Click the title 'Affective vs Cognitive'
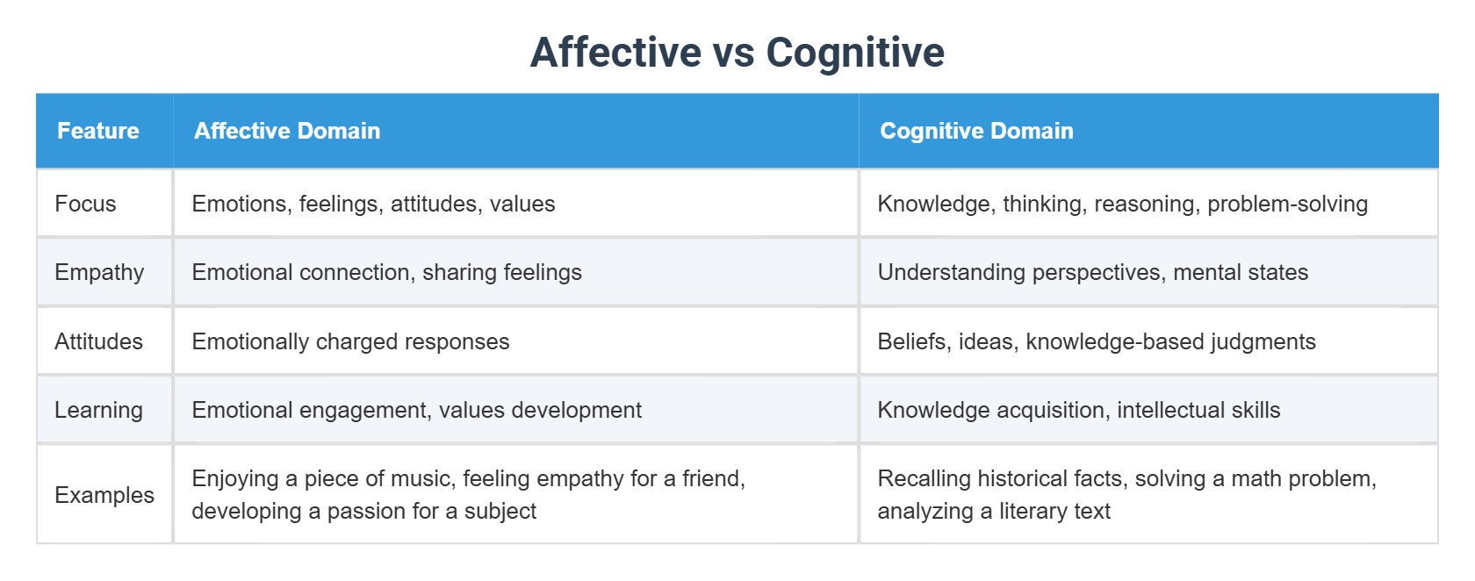pyautogui.click(x=737, y=52)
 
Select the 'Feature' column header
pyautogui.click(x=98, y=131)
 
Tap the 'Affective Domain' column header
pyautogui.click(x=287, y=131)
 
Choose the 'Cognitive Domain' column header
pyautogui.click(x=976, y=131)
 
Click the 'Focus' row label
pyautogui.click(x=85, y=204)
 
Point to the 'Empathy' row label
pyautogui.click(x=99, y=272)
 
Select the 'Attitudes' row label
pyautogui.click(x=98, y=341)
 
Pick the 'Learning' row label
pyautogui.click(x=98, y=410)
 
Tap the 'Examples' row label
pyautogui.click(x=104, y=495)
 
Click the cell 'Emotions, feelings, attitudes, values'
pyautogui.click(x=373, y=204)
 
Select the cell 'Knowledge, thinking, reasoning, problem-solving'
pyautogui.click(x=1122, y=204)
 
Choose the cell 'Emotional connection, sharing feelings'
pyautogui.click(x=386, y=272)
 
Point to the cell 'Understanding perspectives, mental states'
pyautogui.click(x=1092, y=272)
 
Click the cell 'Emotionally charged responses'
pyautogui.click(x=350, y=341)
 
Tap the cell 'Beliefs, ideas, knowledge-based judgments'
pyautogui.click(x=1097, y=341)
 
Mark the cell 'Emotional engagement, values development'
pyautogui.click(x=416, y=410)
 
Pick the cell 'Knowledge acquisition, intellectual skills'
pyautogui.click(x=1078, y=410)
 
